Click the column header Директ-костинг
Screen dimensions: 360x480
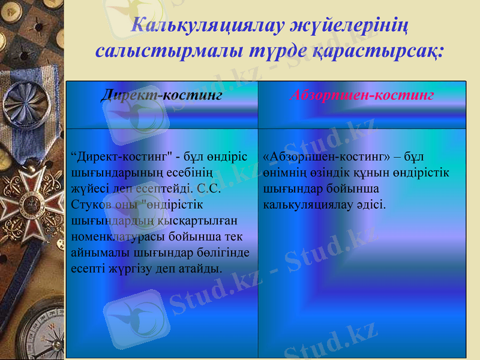click(x=161, y=95)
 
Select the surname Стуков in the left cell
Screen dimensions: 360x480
click(x=91, y=204)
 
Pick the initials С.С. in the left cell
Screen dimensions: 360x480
click(x=207, y=188)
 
